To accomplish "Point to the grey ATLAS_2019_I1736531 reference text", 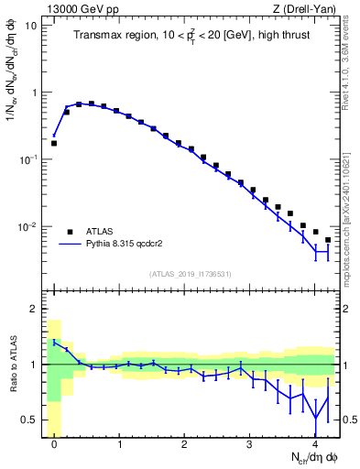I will [x=189, y=274].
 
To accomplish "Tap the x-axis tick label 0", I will [x=54, y=444].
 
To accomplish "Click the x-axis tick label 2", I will [x=185, y=444].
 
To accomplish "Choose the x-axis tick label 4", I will [x=315, y=444].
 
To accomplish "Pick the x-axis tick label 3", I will [x=250, y=444].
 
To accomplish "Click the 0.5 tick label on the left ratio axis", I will [x=29, y=420].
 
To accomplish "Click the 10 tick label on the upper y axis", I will [x=30, y=26].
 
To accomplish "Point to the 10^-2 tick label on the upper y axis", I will [x=27, y=226].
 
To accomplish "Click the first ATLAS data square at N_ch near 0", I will [x=54, y=143].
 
